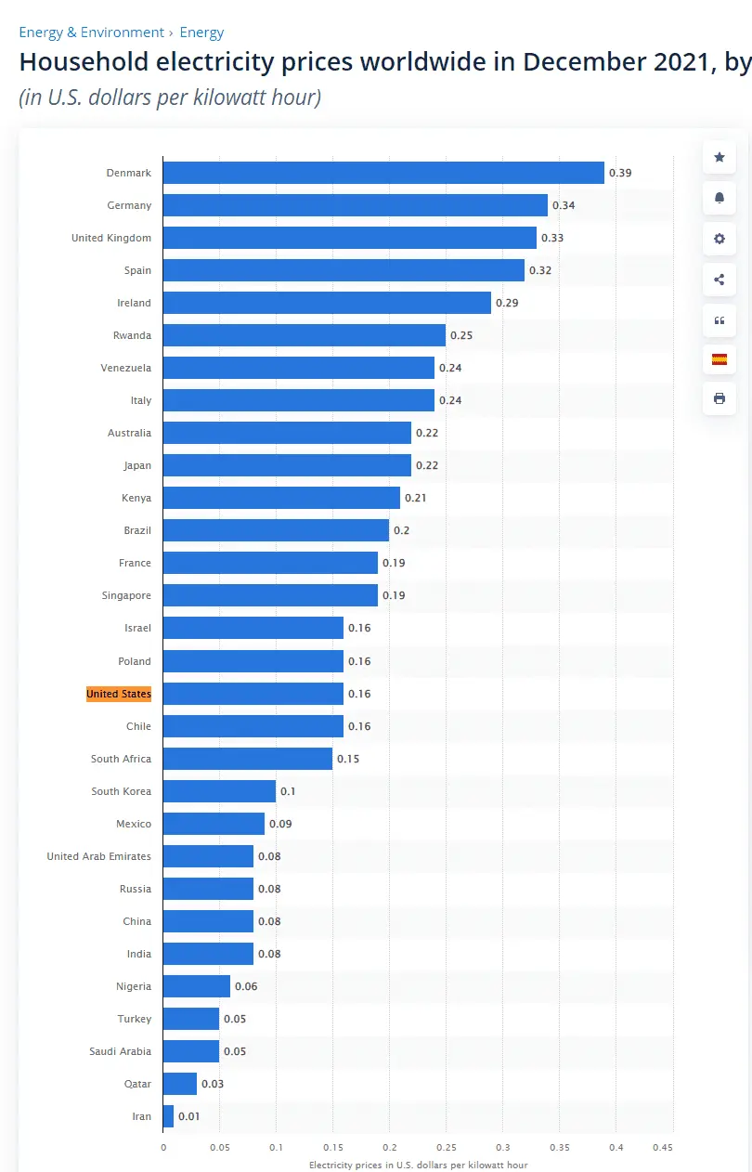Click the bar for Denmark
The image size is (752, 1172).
point(382,173)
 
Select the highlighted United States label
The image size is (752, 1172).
point(119,694)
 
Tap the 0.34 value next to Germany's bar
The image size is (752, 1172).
point(564,205)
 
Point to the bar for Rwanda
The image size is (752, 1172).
point(304,335)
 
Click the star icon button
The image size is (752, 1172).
point(719,158)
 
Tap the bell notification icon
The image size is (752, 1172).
point(719,198)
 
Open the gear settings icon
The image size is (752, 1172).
point(719,239)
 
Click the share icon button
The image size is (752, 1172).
point(719,280)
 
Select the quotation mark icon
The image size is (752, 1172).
point(719,320)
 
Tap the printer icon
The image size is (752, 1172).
point(719,398)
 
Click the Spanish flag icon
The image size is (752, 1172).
point(719,359)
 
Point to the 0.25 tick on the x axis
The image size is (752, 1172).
point(446,1148)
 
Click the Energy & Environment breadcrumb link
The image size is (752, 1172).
point(91,33)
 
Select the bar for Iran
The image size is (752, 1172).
point(168,1116)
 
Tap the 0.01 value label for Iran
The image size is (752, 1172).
point(188,1116)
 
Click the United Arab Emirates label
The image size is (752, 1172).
point(98,856)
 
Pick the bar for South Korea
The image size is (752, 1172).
point(219,791)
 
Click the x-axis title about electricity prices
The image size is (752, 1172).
point(418,1165)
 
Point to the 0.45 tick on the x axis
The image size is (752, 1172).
point(662,1148)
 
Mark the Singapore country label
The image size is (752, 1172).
point(128,595)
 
